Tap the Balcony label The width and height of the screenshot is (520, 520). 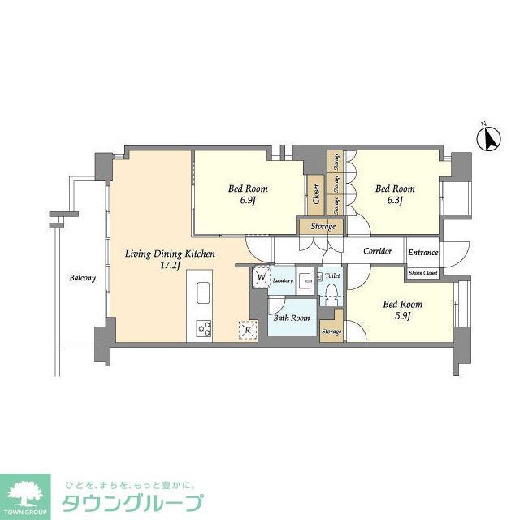click(81, 278)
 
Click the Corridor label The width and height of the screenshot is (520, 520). click(377, 252)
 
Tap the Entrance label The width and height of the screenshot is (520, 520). click(423, 253)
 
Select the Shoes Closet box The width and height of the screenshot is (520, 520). click(423, 273)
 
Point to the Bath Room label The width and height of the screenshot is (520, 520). click(291, 318)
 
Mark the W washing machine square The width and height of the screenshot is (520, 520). click(261, 277)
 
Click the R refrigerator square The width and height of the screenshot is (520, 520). click(245, 329)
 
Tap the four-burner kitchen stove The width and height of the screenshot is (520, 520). click(203, 329)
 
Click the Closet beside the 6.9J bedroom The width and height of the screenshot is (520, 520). click(315, 194)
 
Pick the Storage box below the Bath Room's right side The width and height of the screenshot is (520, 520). click(331, 331)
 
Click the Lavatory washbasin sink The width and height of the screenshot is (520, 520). click(305, 280)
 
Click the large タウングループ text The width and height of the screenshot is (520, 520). click(131, 503)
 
